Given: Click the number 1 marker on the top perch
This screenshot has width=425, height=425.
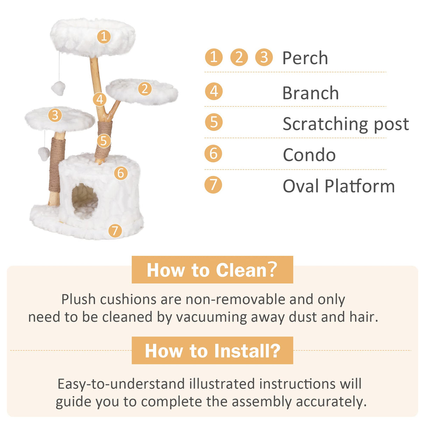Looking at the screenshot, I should point(104,36).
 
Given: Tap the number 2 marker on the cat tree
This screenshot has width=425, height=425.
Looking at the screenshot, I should point(145,89).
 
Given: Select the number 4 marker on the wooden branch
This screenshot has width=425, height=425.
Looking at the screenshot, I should point(100,99).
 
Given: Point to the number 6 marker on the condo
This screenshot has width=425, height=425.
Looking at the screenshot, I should point(121,173).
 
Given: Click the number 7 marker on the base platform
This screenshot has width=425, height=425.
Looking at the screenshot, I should point(115,230).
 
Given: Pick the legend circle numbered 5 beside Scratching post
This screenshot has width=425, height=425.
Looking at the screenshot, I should point(214,122).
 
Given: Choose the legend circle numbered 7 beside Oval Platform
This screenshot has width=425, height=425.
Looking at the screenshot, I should point(214,185).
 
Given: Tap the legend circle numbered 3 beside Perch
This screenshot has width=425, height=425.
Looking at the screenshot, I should point(264,57).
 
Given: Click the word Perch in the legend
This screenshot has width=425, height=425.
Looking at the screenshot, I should point(305,58).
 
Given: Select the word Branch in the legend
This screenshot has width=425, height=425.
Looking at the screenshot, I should point(311,93).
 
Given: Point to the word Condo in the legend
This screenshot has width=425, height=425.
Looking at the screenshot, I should point(309,155).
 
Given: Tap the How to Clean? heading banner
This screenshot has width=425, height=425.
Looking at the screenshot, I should point(212,270).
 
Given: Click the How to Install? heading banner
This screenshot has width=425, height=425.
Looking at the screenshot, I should point(212,350).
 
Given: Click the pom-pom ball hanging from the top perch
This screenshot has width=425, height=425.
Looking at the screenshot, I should point(58,88).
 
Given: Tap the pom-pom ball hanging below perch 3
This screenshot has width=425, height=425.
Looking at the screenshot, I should point(44,153).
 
